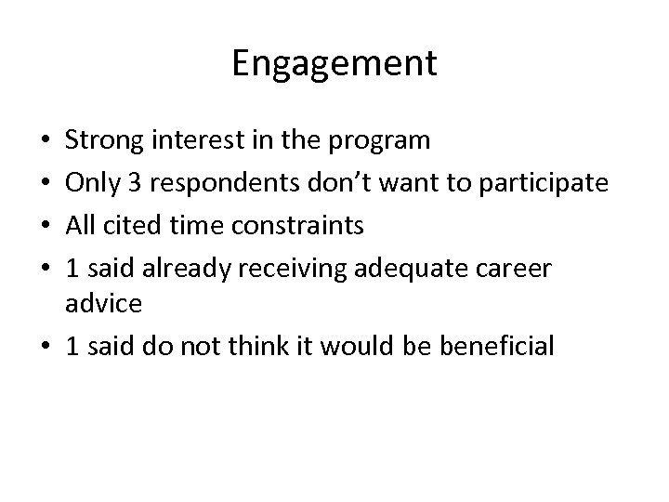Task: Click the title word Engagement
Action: click(334, 64)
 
